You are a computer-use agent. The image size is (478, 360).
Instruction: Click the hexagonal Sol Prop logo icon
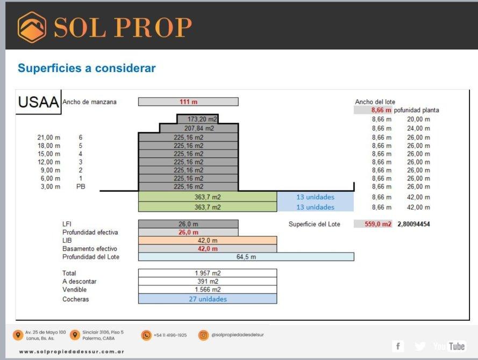[x=32, y=27]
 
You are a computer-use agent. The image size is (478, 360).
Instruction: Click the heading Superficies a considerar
[x=87, y=68]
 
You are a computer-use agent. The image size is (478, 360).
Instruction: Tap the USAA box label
[x=38, y=102]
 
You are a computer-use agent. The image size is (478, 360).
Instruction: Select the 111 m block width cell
[x=188, y=102]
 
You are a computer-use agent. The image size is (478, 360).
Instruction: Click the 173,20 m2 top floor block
[x=198, y=119]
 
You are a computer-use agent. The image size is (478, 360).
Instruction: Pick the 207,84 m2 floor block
[x=199, y=128]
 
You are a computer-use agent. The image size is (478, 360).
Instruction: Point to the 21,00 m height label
[x=49, y=138]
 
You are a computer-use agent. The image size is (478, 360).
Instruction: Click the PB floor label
[x=81, y=186]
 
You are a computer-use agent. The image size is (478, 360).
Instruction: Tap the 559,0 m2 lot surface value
[x=377, y=224]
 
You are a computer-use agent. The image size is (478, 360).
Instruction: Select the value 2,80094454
[x=413, y=224]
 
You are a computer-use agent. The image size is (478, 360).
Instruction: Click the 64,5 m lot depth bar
[x=246, y=257]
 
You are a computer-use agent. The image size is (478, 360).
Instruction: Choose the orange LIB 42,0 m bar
[x=208, y=240]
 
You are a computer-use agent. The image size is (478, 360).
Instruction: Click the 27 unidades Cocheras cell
[x=208, y=299]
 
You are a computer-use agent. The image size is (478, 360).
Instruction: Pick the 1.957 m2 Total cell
[x=208, y=273]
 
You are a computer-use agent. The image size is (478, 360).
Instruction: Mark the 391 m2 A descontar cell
[x=208, y=281]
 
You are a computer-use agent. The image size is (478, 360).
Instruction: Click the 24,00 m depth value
[x=418, y=128]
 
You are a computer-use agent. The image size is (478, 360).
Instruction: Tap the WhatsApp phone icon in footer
[x=146, y=335]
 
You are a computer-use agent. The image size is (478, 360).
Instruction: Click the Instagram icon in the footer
[x=203, y=335]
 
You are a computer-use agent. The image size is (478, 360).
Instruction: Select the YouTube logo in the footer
[x=449, y=346]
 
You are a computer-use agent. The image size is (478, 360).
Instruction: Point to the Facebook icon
[x=398, y=346]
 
